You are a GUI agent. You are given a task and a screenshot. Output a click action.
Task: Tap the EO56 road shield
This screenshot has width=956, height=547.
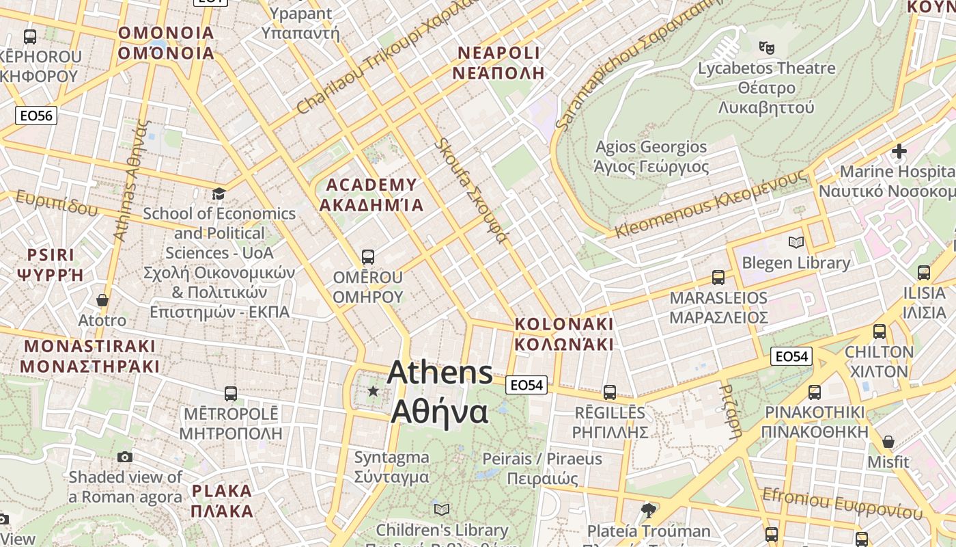tap(36, 116)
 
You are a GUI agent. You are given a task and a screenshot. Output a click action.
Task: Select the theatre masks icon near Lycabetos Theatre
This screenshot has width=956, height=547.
tap(767, 48)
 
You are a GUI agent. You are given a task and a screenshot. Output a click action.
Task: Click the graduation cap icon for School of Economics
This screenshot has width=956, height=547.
tap(219, 194)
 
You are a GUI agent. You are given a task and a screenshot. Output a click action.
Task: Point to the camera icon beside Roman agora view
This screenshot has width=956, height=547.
tap(125, 457)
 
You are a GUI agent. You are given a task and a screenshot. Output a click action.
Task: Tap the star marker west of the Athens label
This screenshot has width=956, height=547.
tap(373, 391)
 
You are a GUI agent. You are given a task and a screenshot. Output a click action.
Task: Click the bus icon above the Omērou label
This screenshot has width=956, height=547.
tap(368, 257)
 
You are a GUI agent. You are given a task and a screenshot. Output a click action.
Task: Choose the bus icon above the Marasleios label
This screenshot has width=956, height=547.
tap(718, 277)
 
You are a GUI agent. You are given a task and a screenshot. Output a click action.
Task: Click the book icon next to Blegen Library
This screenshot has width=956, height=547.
tap(796, 242)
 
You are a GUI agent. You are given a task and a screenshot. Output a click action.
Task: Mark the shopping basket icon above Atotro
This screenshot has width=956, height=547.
tap(102, 300)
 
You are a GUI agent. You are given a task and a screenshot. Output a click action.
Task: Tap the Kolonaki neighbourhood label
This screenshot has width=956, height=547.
tap(564, 334)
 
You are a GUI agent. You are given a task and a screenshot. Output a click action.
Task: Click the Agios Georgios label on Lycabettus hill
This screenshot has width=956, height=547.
tap(651, 157)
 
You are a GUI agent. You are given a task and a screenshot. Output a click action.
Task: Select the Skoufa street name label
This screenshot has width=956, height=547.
tap(472, 191)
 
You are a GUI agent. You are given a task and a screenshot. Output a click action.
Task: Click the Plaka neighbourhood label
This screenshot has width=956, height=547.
tap(222, 501)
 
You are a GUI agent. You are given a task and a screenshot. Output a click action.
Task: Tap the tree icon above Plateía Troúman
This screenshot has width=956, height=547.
tap(649, 509)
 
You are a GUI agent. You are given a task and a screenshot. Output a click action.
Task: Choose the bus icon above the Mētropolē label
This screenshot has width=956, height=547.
tap(231, 394)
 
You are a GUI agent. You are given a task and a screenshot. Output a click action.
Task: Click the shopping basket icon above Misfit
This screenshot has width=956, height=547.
tap(888, 442)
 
